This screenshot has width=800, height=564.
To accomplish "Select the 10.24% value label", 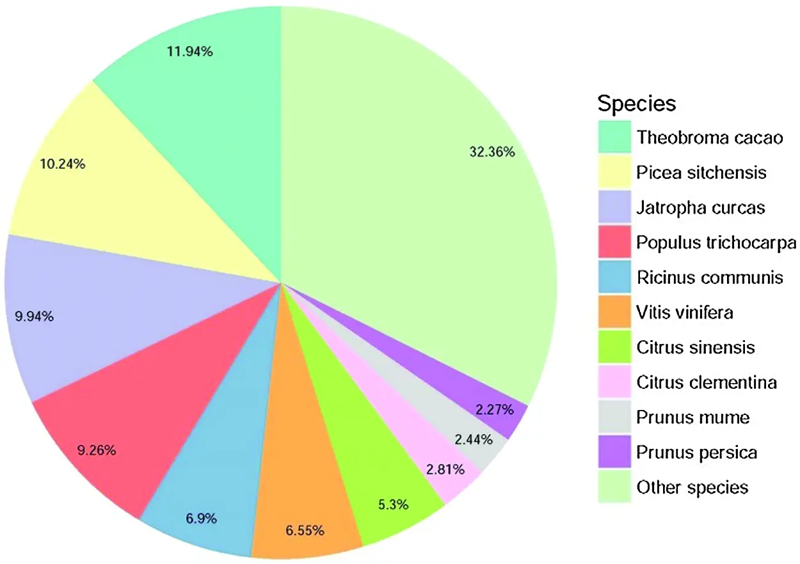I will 63,164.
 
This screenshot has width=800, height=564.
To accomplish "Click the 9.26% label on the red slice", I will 97,450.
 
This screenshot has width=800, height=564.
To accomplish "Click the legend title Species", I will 636,103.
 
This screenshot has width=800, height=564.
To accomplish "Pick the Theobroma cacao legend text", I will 710,137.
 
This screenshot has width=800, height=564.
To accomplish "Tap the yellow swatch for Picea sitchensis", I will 614,172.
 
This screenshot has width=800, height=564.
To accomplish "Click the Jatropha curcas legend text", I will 701,207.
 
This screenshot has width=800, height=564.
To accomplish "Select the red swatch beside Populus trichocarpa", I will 614,242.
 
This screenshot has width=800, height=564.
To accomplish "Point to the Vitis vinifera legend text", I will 685,313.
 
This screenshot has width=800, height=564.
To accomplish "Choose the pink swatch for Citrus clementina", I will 614,382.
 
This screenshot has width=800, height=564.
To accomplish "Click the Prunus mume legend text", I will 693,418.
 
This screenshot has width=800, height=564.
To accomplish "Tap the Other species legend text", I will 692,487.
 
